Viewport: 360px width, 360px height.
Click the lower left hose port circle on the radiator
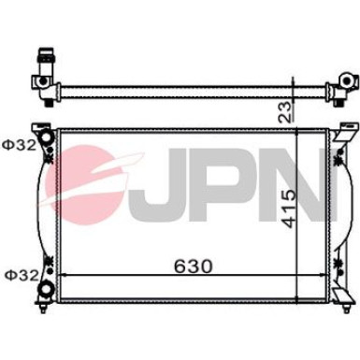pos(44,286)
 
